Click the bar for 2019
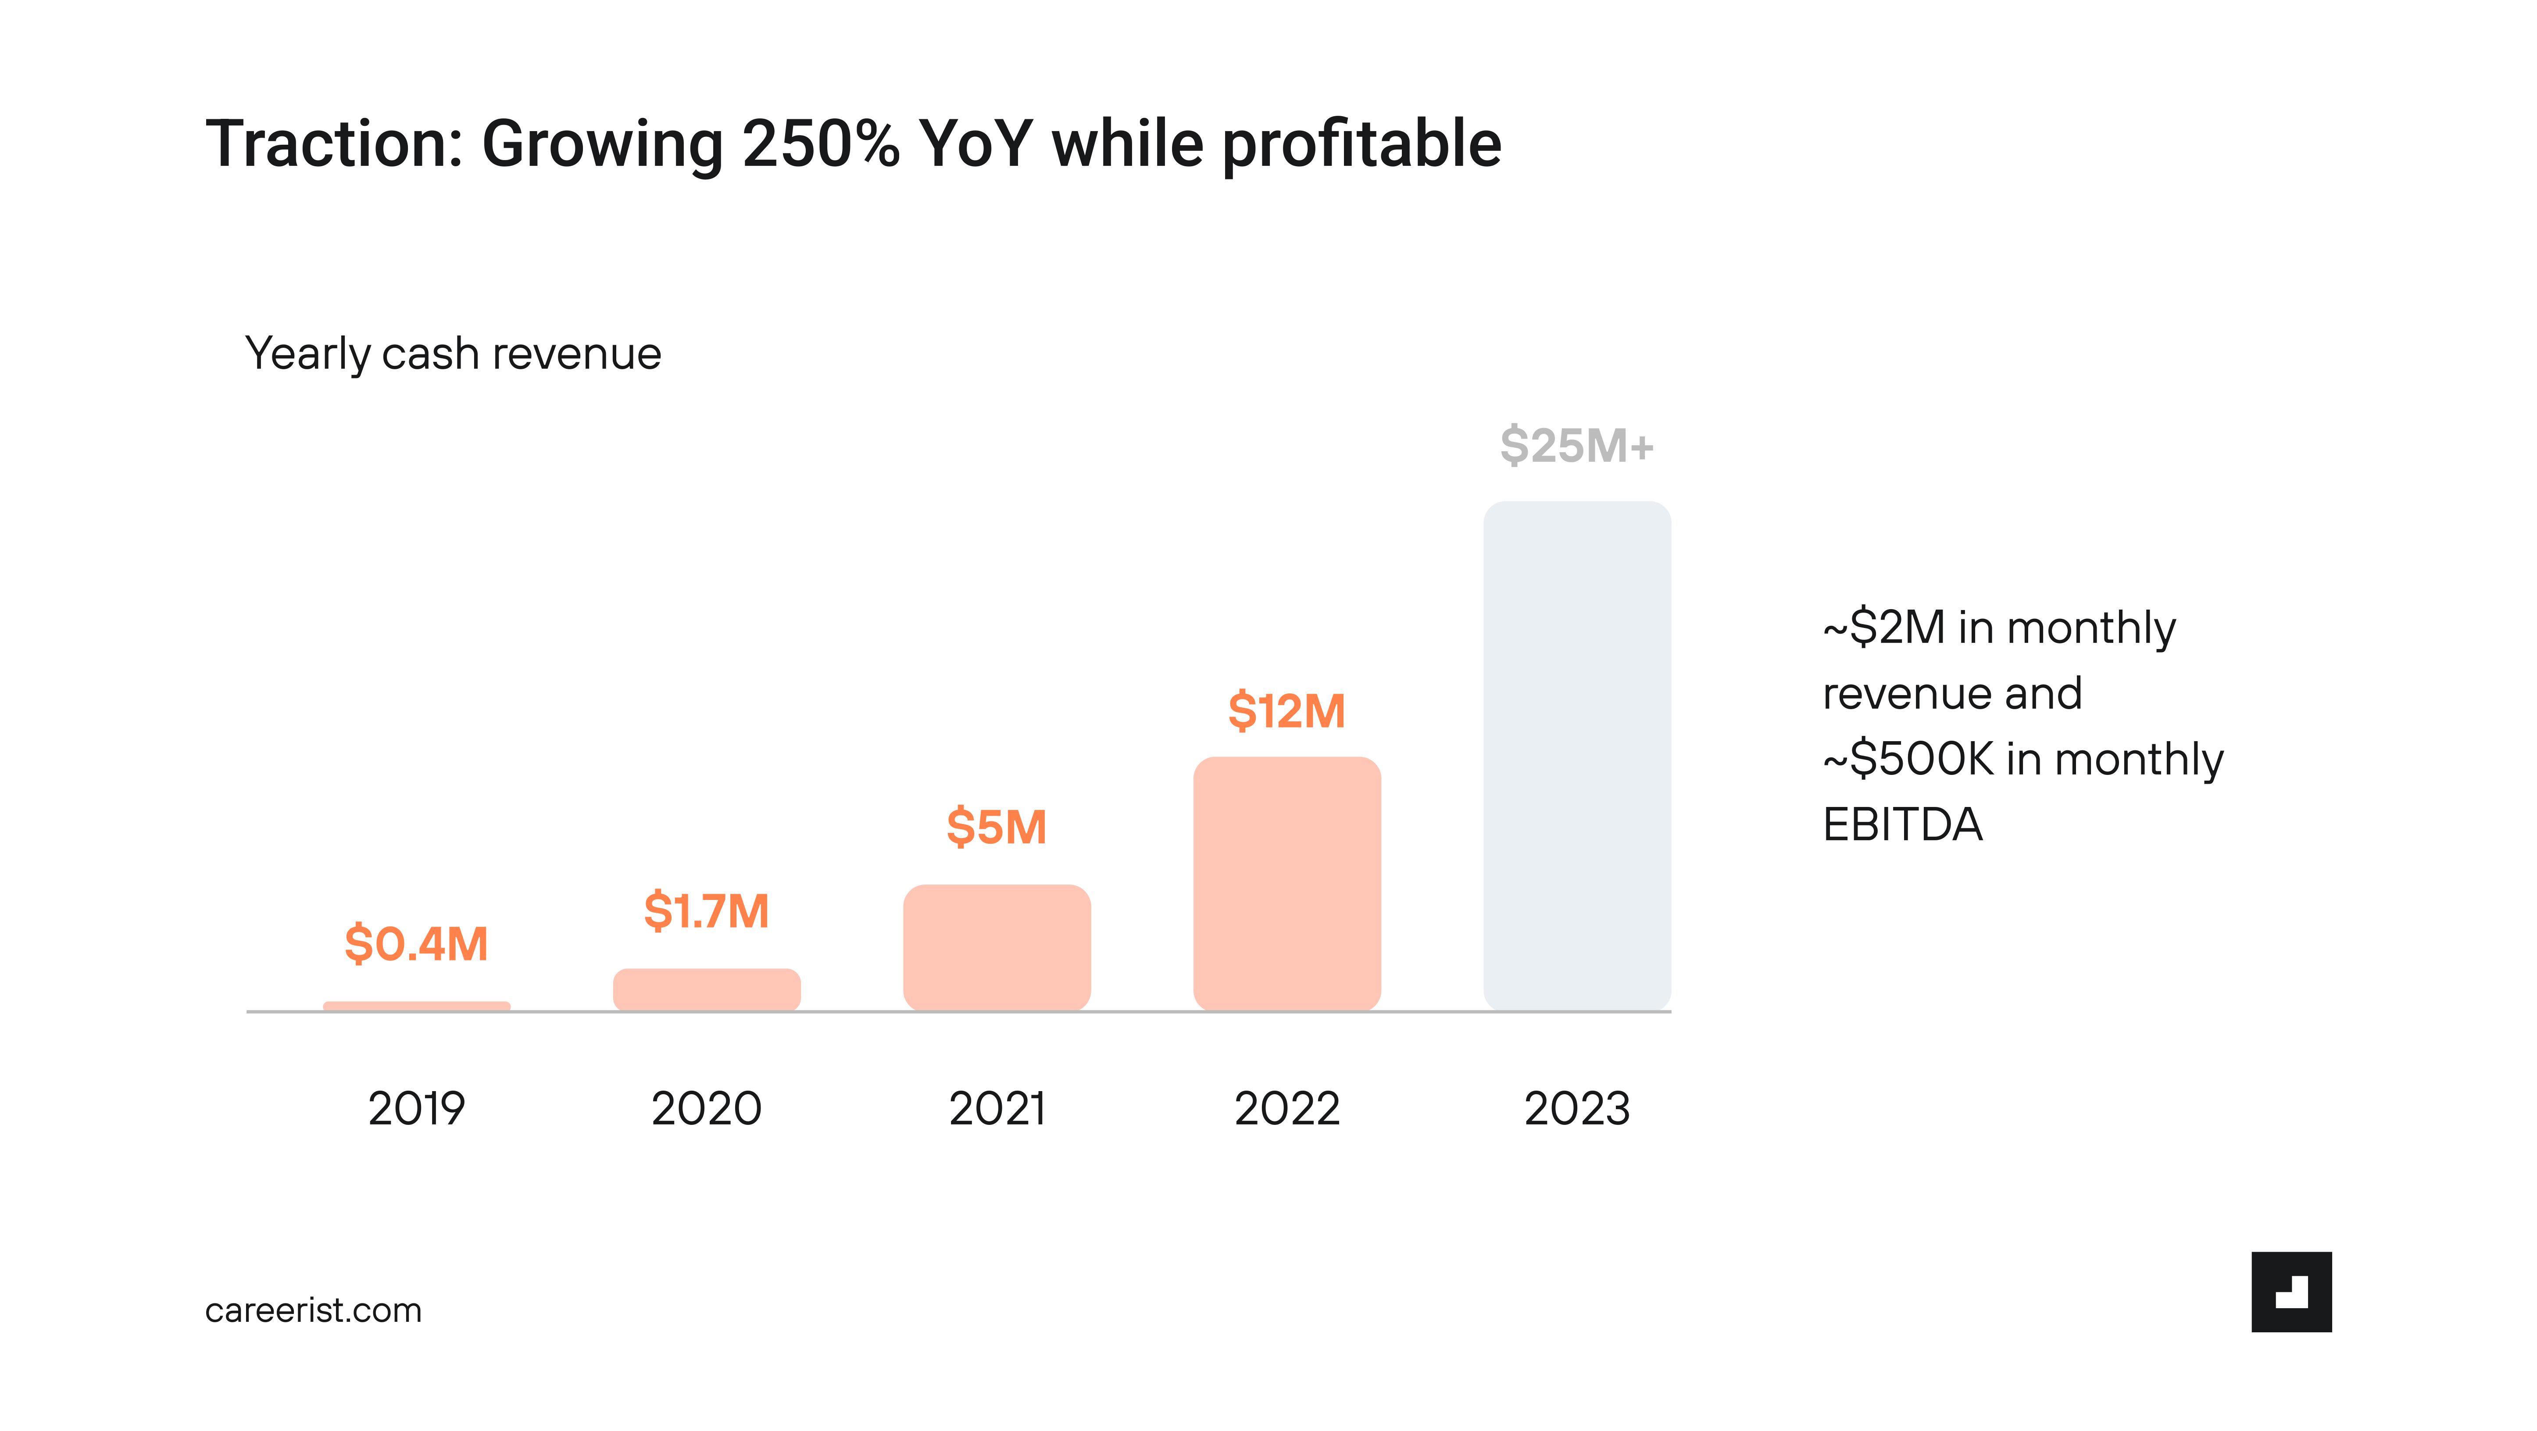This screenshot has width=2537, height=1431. click(417, 1006)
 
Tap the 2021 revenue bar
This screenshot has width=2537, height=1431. click(997, 947)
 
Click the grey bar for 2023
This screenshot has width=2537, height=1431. click(1577, 755)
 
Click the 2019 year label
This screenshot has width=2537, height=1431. click(417, 1109)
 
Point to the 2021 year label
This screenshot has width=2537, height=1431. click(997, 1109)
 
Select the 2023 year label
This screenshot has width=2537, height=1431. click(1577, 1109)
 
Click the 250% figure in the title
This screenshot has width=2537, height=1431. click(820, 144)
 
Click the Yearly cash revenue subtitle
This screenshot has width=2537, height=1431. click(453, 353)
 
